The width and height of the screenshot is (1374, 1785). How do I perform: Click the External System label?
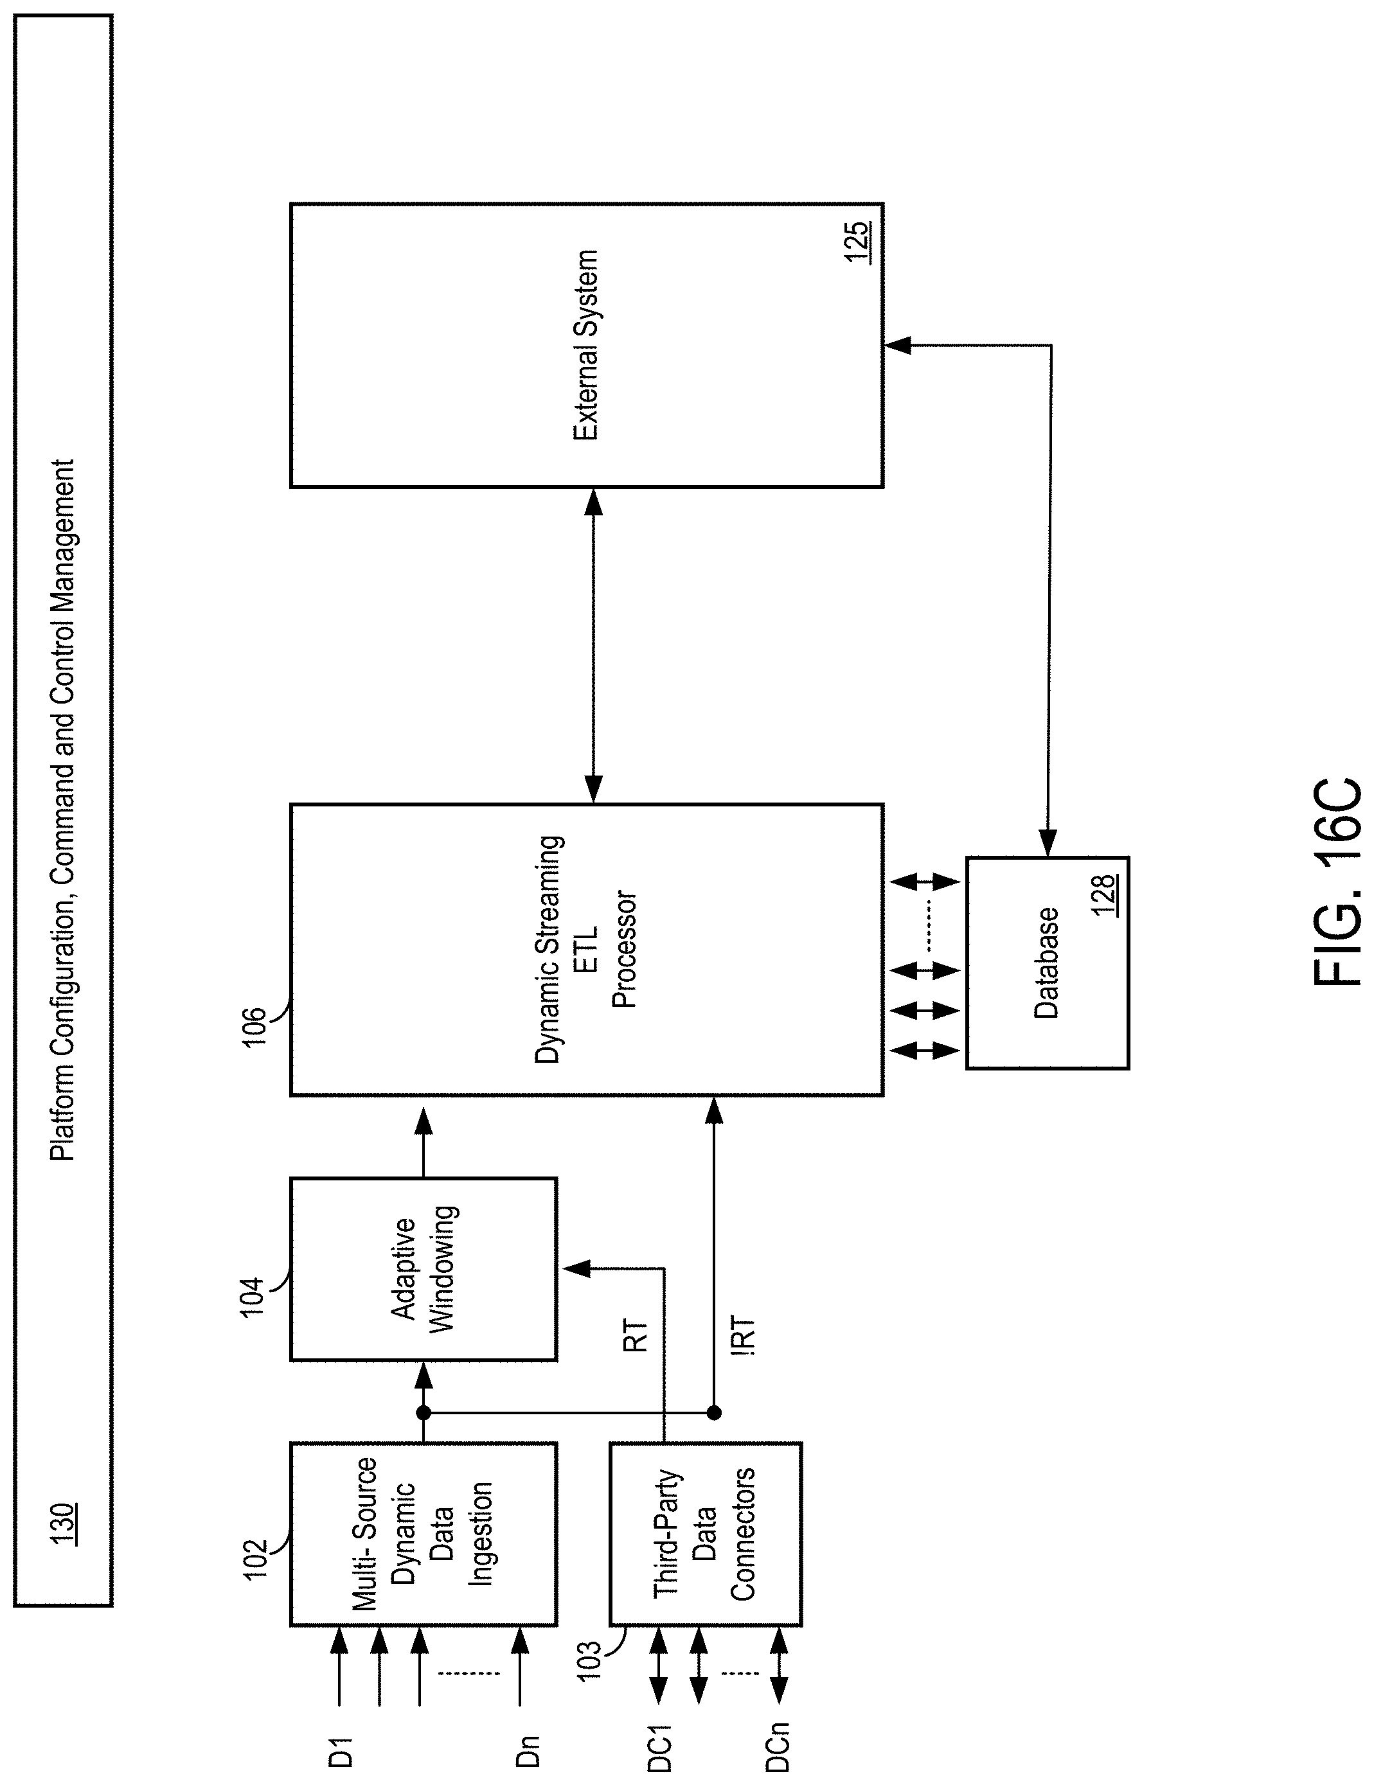[x=585, y=345]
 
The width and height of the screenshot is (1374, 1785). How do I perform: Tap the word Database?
[x=1046, y=963]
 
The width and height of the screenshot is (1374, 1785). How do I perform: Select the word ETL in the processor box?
[x=587, y=949]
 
